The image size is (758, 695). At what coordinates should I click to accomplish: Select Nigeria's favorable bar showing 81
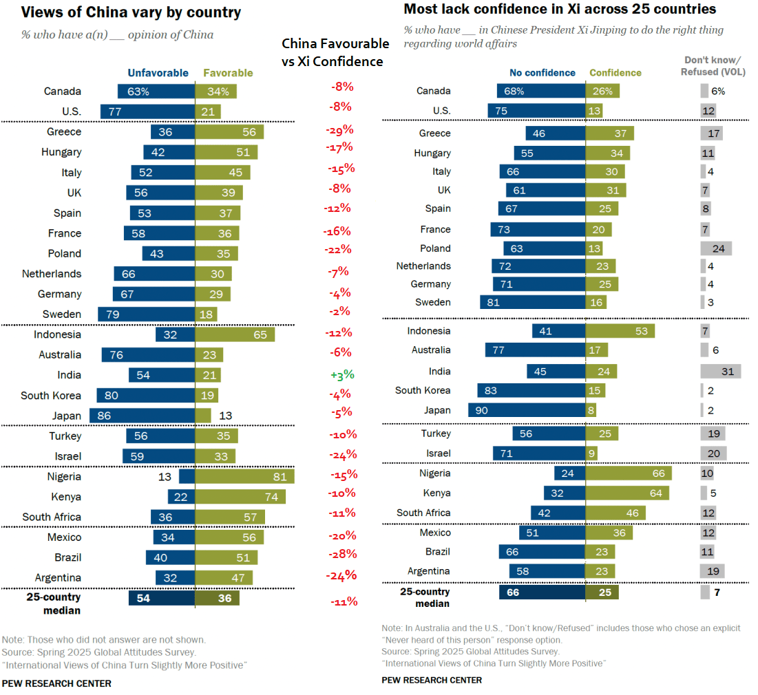coord(244,476)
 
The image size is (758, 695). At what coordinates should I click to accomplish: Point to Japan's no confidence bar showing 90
coord(527,410)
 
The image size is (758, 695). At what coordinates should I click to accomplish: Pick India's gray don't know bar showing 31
coord(720,372)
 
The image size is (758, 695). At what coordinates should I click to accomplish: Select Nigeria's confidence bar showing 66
coord(628,473)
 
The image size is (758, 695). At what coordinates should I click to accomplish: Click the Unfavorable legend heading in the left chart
coord(158,73)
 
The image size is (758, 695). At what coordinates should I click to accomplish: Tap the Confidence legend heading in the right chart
coord(615,73)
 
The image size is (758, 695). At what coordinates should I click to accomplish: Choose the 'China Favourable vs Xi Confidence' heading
coord(335,52)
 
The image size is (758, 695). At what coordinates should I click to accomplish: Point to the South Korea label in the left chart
coord(51,396)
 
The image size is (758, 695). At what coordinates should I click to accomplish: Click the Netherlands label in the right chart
coord(423,266)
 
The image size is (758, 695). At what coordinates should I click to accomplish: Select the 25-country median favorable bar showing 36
coord(217,598)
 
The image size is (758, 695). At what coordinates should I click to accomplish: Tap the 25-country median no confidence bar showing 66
coord(542,592)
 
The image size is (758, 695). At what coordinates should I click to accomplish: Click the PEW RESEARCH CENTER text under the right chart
coord(432,680)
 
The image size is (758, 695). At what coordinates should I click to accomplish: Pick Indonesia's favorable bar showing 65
coord(235,334)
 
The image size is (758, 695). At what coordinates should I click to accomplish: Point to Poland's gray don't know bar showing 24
coord(716,248)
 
